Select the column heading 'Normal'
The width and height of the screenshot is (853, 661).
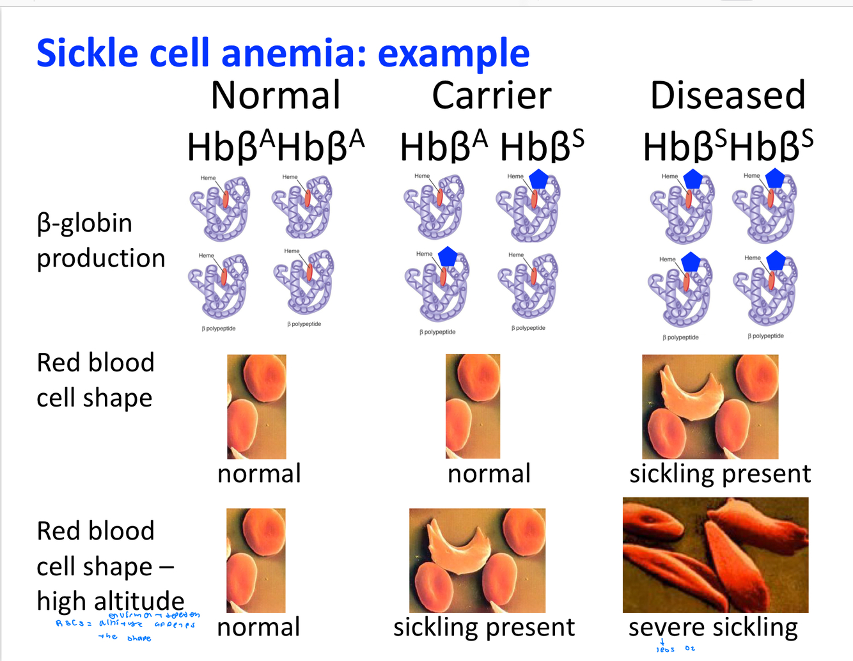pyautogui.click(x=276, y=95)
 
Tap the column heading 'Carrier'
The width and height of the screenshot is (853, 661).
pyautogui.click(x=491, y=95)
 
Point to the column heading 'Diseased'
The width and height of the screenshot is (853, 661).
pyautogui.click(x=727, y=95)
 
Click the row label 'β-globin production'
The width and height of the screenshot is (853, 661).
pyautogui.click(x=100, y=240)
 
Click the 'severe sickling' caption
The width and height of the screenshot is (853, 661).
pyautogui.click(x=713, y=627)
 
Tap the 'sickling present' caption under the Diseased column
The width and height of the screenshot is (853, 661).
pyautogui.click(x=720, y=474)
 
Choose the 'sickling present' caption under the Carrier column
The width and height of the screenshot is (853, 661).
pyautogui.click(x=484, y=627)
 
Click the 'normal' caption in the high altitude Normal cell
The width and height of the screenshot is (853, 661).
pyautogui.click(x=258, y=627)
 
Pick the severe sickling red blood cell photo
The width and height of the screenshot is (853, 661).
pyautogui.click(x=715, y=555)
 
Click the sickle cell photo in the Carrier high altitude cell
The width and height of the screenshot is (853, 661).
pyautogui.click(x=477, y=560)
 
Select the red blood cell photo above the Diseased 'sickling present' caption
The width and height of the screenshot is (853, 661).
pyautogui.click(x=710, y=407)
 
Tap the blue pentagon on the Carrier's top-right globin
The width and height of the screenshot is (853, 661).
pyautogui.click(x=539, y=180)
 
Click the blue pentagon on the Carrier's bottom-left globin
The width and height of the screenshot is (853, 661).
pyautogui.click(x=448, y=256)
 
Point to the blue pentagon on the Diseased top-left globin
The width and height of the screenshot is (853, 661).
pyautogui.click(x=693, y=180)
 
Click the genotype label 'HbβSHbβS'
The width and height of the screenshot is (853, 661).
pyautogui.click(x=728, y=146)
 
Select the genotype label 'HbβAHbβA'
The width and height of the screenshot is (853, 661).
pyautogui.click(x=276, y=146)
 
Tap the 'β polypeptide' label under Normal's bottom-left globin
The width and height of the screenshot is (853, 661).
pyautogui.click(x=219, y=329)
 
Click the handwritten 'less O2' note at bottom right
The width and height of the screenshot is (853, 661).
pyautogui.click(x=675, y=648)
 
